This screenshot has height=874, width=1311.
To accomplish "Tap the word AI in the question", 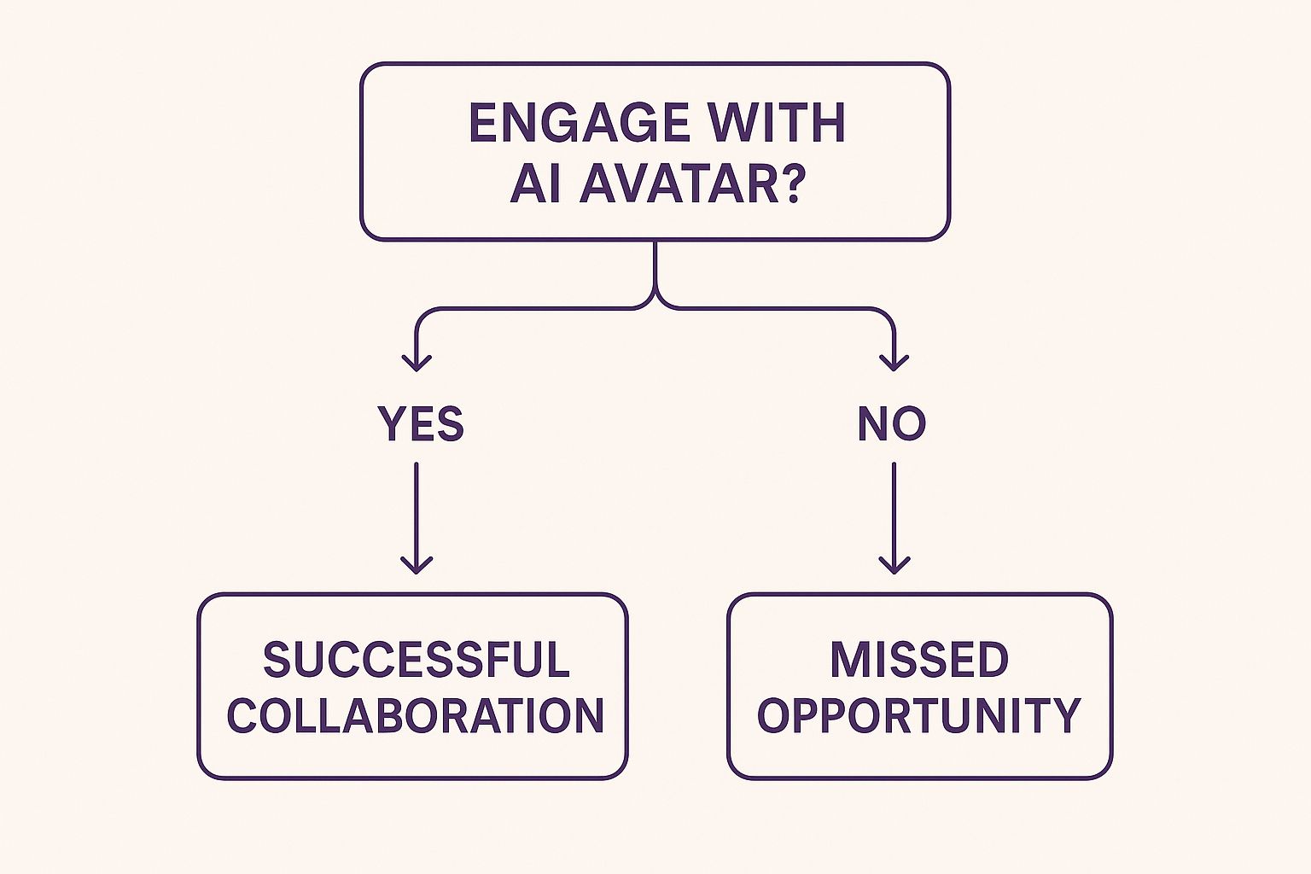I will (536, 183).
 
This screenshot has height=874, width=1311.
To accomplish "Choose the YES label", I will (421, 424).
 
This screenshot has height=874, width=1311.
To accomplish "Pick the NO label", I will (892, 424).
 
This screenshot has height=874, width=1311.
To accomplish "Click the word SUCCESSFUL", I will (416, 660).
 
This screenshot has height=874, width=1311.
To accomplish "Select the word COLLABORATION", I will (416, 715).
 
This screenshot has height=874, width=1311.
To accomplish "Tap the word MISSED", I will (919, 660).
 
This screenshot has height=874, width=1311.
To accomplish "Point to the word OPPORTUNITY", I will (919, 715).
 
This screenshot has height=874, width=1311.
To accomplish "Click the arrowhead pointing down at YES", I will (417, 363).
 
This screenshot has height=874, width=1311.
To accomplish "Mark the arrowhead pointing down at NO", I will (894, 363).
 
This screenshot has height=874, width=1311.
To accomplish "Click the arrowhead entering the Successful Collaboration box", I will (417, 565).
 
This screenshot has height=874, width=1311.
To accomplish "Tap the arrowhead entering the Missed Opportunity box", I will (894, 565).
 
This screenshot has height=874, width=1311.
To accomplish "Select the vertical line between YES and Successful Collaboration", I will (417, 512).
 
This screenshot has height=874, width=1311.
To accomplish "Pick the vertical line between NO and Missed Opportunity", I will (894, 512).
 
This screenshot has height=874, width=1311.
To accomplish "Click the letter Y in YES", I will (392, 424).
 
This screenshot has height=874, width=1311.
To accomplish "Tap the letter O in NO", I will (910, 424).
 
